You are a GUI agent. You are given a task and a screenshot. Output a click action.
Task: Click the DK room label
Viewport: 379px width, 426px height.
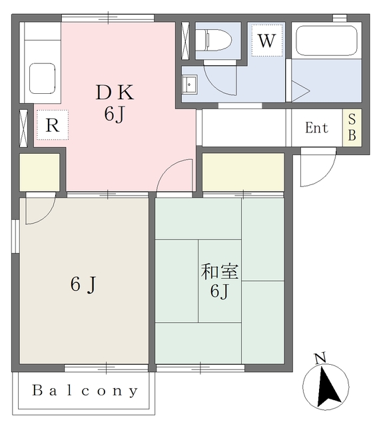point(115,93)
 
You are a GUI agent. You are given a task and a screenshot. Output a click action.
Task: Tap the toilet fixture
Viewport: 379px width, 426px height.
point(213,40)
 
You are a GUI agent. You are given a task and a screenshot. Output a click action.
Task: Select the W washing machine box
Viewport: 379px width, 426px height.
point(267,41)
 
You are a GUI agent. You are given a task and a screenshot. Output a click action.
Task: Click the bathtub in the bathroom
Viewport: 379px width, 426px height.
point(326,41)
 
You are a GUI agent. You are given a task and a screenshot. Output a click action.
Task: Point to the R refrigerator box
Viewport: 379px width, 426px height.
point(53,125)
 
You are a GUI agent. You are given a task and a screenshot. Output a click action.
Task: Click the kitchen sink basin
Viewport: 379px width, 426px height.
point(42,79)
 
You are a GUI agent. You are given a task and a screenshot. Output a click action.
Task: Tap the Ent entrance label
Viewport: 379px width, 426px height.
point(316,128)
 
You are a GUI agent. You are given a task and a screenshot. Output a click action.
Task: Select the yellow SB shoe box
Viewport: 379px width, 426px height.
point(352,128)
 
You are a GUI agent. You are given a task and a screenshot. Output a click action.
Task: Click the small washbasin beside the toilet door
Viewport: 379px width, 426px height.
point(189,85)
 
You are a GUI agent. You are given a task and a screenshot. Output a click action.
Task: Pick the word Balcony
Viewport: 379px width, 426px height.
point(85,391)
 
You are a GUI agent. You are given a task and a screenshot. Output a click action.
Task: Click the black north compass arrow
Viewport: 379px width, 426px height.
point(328,387)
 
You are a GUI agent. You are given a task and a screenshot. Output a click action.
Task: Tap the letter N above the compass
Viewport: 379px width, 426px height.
point(320,358)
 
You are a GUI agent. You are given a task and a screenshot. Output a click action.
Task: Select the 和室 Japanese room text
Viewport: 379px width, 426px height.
point(220,272)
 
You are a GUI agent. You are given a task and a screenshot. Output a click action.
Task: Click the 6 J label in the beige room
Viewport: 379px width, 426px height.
point(83,284)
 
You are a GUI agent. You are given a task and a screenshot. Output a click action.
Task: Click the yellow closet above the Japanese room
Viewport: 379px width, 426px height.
point(243,172)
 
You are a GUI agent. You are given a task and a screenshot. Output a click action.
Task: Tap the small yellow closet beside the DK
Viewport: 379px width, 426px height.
point(39,172)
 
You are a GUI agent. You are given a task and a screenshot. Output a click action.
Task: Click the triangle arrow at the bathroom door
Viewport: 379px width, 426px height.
point(300,91)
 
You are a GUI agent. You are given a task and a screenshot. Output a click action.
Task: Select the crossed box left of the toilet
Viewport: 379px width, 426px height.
point(185,41)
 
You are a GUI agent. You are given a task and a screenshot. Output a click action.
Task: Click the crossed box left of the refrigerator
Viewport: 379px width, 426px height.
point(24,128)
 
